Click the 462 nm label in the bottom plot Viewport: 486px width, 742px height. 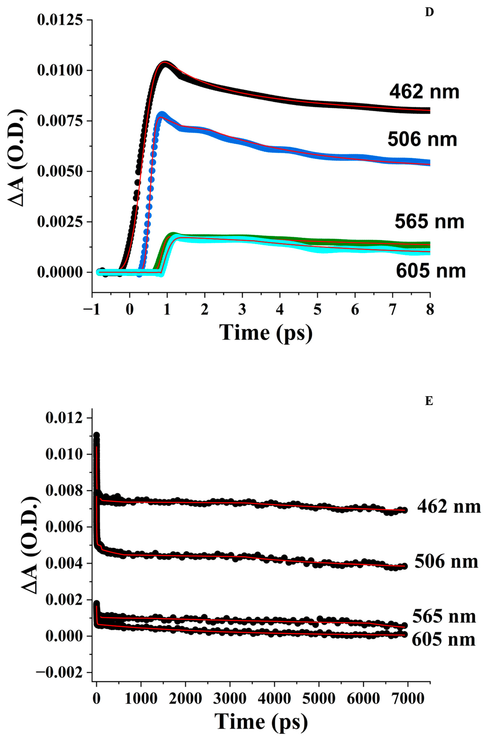tap(449, 507)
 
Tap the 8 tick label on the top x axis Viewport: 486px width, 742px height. tap(430, 310)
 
